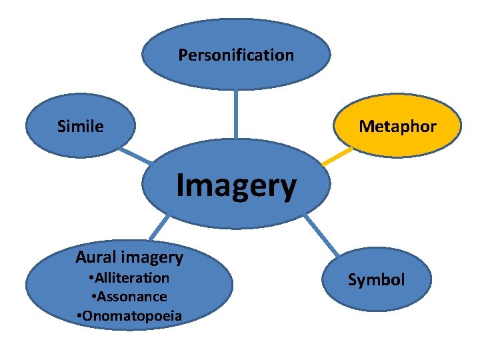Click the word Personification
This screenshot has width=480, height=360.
pos(236,55)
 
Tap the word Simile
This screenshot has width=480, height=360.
pos(81,126)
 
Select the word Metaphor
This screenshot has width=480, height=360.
pos(397,126)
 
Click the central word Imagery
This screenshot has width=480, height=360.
pos(236,186)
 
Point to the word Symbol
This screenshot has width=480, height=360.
pos(376,280)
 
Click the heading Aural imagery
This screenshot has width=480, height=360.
pos(129,257)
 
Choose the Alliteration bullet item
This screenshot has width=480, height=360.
pos(130,277)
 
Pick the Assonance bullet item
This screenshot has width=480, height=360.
pos(129,296)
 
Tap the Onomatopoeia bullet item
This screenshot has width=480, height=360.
pos(129,315)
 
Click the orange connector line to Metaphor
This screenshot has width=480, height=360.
pos(337,157)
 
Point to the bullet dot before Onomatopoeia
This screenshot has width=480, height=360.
pos(80,315)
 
